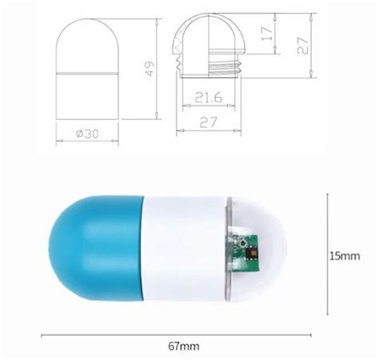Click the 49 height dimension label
(150, 69)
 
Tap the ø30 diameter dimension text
(87, 134)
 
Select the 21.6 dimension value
(208, 98)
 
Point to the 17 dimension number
(267, 34)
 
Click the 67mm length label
(184, 346)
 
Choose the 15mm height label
(345, 256)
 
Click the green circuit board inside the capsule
(245, 252)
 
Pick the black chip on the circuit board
(253, 253)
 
